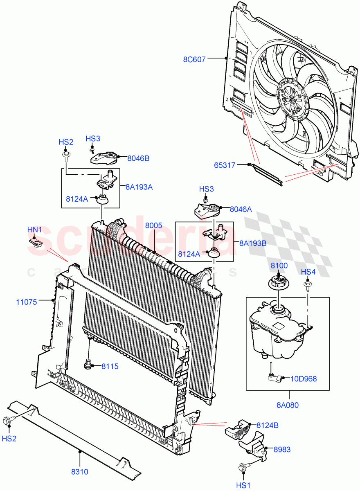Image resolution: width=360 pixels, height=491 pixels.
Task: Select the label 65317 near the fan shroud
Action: tap(225, 165)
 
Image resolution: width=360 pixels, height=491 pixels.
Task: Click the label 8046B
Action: tap(138, 158)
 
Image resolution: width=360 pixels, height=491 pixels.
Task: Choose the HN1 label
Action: tap(35, 230)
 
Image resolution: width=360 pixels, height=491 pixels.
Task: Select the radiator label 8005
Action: tap(153, 225)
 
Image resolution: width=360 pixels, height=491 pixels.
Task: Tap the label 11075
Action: tap(27, 302)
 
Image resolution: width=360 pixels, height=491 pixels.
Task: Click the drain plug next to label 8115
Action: tap(88, 364)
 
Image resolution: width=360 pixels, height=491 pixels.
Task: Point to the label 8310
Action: tap(79, 472)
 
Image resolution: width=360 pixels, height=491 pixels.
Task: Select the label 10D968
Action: tap(304, 378)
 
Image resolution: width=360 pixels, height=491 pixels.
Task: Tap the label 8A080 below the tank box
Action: tap(288, 405)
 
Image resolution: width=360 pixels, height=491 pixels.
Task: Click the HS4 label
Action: tap(308, 272)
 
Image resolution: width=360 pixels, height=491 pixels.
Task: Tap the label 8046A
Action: tap(241, 209)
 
